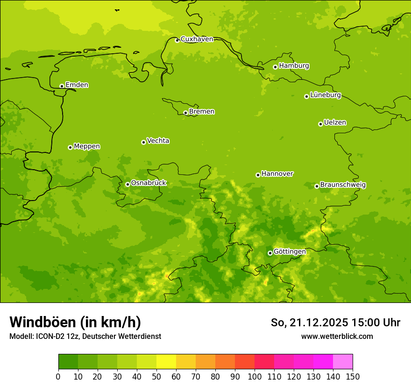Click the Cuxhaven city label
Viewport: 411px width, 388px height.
point(197,39)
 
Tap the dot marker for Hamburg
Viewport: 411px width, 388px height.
point(275,67)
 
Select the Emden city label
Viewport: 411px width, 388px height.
point(77,85)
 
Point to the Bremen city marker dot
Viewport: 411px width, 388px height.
point(185,113)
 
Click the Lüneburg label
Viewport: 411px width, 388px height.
point(325,95)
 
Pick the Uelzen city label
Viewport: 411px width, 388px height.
point(335,123)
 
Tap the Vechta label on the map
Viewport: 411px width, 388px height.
point(158,141)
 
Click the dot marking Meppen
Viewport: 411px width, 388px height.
point(70,147)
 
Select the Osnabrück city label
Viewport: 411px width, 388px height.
point(149,183)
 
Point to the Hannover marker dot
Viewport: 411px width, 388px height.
point(258,175)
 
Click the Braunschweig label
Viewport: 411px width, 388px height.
point(343,185)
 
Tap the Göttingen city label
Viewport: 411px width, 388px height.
point(290,252)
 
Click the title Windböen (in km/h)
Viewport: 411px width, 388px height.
point(75,322)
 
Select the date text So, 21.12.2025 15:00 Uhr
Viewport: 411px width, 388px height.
point(335,323)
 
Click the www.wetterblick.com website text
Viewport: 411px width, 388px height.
point(337,336)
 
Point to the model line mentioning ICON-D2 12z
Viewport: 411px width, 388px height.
point(85,336)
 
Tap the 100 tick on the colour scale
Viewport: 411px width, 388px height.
point(255,376)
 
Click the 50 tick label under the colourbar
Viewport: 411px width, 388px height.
point(156,376)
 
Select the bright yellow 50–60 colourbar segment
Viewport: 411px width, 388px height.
point(166,362)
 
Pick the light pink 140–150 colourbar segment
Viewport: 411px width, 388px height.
point(343,362)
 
